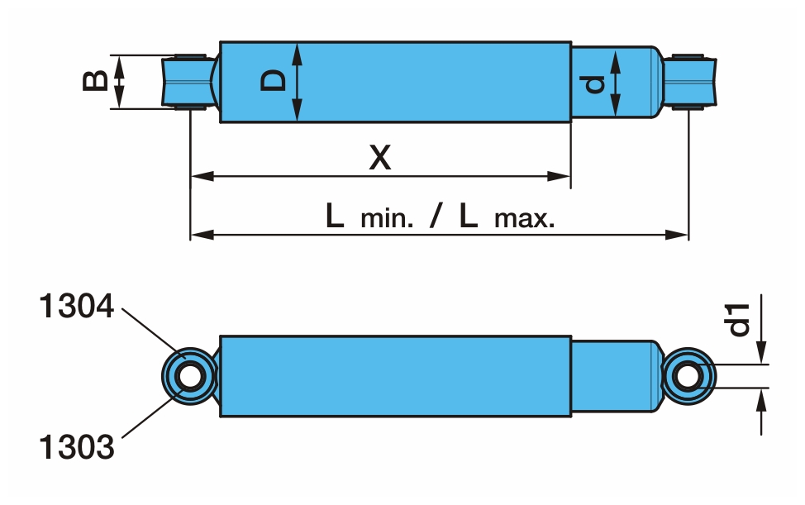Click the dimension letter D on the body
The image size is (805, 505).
[274, 81]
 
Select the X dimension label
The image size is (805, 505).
[379, 156]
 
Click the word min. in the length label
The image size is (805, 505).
[386, 220]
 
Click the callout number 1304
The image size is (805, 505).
[76, 307]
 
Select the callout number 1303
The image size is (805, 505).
[76, 447]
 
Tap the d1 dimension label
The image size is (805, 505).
[740, 319]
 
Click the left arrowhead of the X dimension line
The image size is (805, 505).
[198, 176]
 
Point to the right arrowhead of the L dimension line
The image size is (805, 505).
[681, 235]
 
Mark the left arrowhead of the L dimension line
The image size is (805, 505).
[198, 235]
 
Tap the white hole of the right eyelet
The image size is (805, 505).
[687, 376]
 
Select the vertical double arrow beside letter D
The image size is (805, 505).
[298, 82]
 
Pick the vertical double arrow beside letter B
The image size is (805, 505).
[120, 81]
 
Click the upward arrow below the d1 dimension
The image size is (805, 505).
[761, 400]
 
